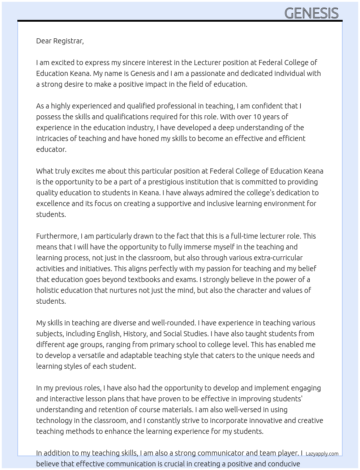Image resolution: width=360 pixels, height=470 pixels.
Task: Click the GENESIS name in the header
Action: [x=311, y=13]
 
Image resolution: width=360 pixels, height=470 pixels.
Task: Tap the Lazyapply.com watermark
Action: [x=322, y=454]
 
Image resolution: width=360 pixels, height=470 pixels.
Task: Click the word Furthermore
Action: [x=57, y=236]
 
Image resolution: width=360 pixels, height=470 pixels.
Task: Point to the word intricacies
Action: [x=53, y=138]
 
